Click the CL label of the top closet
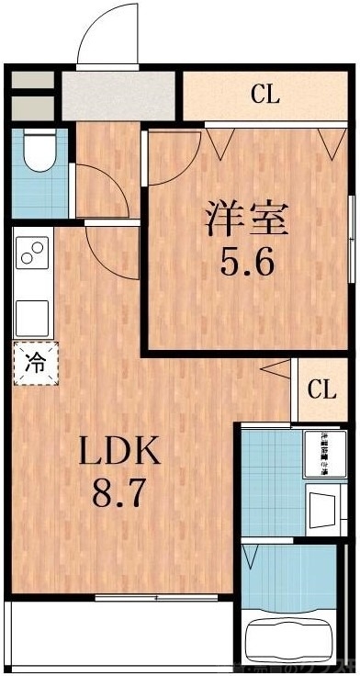(264, 94)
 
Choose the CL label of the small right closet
(321, 389)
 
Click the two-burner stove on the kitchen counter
(32, 253)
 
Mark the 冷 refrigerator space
(34, 361)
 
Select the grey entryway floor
(118, 94)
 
